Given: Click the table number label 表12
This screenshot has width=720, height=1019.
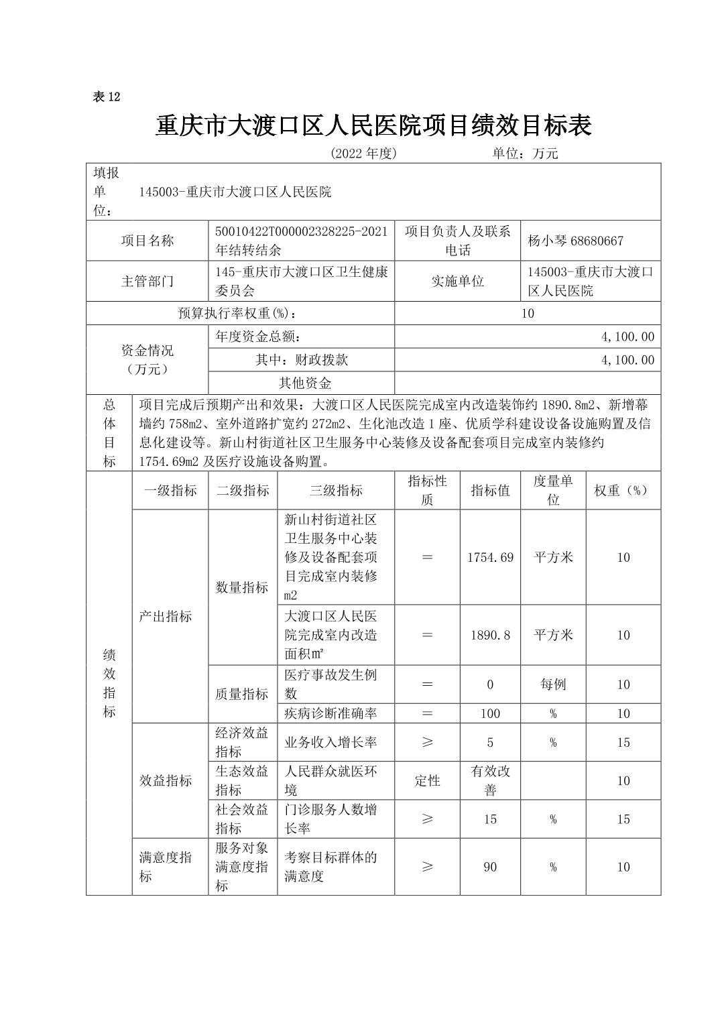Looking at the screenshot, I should click(106, 97).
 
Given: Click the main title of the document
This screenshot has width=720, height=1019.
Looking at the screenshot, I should click(373, 125).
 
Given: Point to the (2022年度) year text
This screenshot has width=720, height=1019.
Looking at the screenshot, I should click(364, 154).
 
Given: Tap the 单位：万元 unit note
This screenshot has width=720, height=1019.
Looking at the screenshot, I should click(525, 154).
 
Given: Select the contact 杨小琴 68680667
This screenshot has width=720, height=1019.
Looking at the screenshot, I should click(575, 241).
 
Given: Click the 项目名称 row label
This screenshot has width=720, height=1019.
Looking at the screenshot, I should click(147, 241).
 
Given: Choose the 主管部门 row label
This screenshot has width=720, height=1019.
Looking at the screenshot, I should click(147, 282).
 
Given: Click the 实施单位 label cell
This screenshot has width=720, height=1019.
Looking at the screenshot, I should click(457, 282).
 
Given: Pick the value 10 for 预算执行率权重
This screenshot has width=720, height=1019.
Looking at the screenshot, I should click(528, 313).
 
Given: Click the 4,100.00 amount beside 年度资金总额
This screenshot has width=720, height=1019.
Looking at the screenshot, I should click(627, 337).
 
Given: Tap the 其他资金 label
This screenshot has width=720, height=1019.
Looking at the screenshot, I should click(305, 383).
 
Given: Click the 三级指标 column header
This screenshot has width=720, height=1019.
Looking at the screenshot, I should click(336, 491).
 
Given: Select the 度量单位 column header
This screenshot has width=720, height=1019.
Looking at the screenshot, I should click(553, 491).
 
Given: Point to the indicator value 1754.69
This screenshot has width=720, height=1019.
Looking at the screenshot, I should click(490, 558).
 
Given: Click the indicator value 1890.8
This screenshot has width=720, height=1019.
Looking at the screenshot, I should click(490, 636).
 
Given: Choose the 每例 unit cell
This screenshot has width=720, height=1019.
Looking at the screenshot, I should click(553, 684).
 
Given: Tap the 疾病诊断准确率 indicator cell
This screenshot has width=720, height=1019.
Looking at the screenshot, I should click(331, 713).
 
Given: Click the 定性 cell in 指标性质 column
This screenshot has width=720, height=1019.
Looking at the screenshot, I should click(427, 781).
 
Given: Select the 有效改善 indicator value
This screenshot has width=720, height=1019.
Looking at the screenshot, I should click(490, 781).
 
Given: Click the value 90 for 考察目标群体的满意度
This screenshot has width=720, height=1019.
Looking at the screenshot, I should click(490, 867).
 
